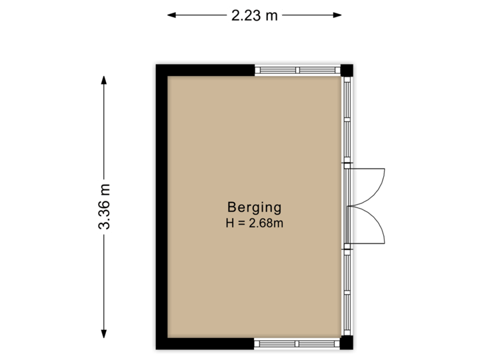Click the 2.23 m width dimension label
click(x=254, y=15)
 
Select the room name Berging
click(x=254, y=207)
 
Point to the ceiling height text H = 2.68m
click(x=254, y=223)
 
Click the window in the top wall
click(x=297, y=69)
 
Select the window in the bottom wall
click(x=297, y=344)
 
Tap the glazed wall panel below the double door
click(x=347, y=293)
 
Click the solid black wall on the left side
click(x=160, y=207)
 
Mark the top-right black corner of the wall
click(x=349, y=67)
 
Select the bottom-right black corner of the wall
click(x=349, y=345)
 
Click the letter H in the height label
click(x=229, y=224)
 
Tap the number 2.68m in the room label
click(x=267, y=224)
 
